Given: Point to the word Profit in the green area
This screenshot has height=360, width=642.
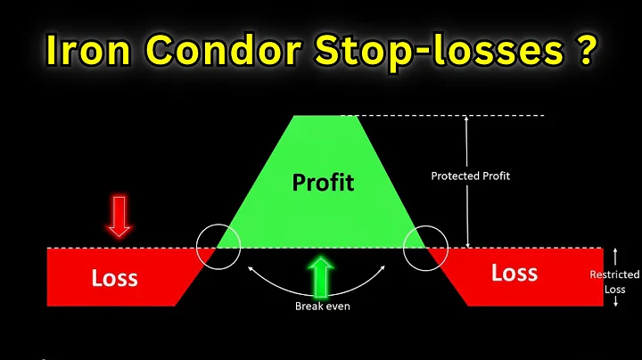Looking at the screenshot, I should [x=323, y=183].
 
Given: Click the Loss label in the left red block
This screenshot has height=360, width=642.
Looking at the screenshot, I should [x=115, y=277].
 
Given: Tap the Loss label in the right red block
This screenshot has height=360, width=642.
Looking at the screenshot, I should [x=514, y=273].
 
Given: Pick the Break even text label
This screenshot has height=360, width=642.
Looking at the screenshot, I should [x=322, y=307].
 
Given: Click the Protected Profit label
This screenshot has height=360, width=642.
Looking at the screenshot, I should [x=470, y=176].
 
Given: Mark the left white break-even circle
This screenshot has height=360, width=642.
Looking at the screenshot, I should [x=218, y=247].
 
